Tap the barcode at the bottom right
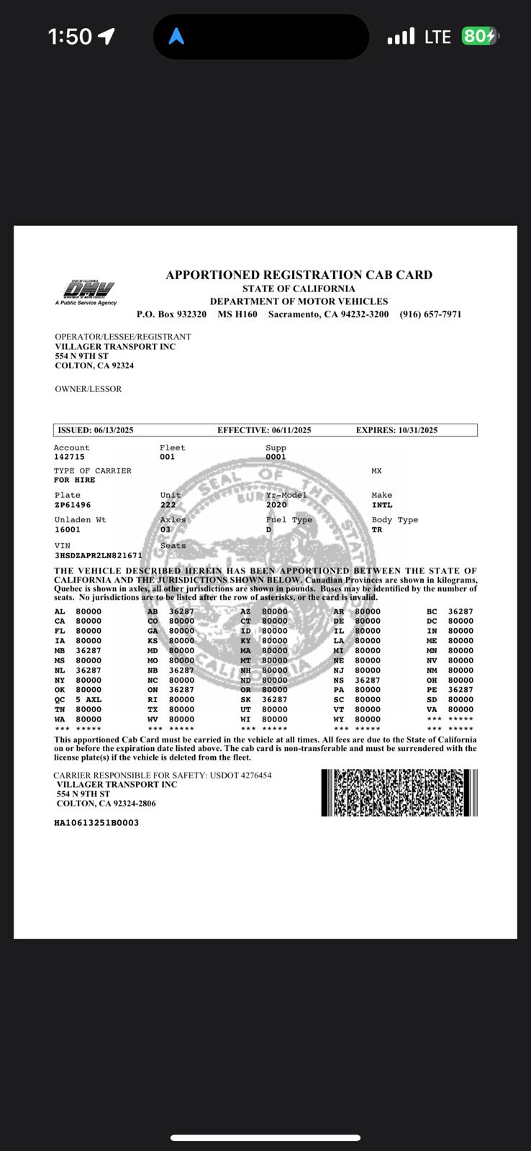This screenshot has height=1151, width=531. click(399, 792)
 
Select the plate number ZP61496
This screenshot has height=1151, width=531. click(73, 505)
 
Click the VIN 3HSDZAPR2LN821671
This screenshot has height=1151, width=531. click(99, 555)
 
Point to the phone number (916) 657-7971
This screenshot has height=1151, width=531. click(430, 314)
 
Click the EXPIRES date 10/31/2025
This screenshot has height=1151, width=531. click(417, 430)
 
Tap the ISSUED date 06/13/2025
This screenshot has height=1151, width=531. click(114, 430)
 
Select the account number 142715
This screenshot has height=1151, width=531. click(69, 457)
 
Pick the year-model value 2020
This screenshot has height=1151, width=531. click(276, 505)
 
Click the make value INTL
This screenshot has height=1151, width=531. click(382, 505)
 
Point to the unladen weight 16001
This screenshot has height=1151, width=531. click(68, 529)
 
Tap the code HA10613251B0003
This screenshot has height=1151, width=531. click(96, 822)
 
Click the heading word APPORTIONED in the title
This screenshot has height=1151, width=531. click(213, 275)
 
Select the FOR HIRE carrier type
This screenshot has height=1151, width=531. click(75, 480)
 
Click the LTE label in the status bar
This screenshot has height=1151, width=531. click(437, 37)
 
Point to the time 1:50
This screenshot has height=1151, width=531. click(70, 37)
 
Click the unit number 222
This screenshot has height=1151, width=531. click(168, 505)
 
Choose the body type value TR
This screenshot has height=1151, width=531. click(377, 529)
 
